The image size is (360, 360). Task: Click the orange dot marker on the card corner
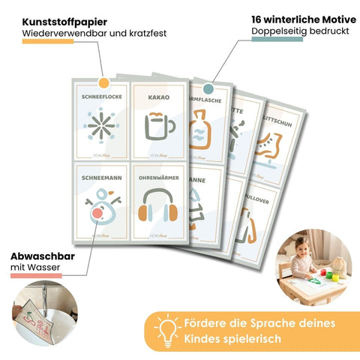(x=103, y=81)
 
